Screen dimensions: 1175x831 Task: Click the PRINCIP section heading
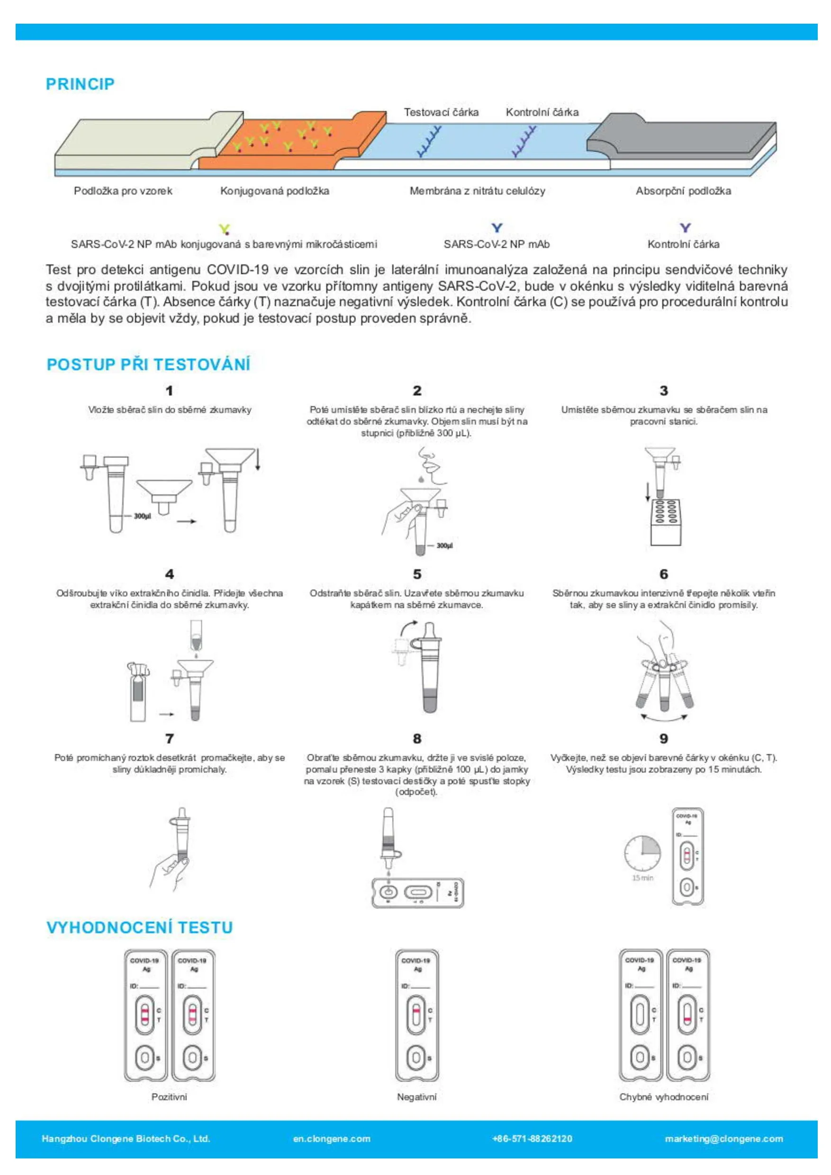pos(80,84)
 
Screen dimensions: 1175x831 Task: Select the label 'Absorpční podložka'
pos(683,191)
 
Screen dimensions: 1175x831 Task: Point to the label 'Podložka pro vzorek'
pos(123,191)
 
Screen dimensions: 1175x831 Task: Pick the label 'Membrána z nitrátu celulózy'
pos(477,191)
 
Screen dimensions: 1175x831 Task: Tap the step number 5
pos(417,574)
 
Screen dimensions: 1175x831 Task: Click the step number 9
pos(664,738)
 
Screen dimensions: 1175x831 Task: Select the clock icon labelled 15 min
pos(642,853)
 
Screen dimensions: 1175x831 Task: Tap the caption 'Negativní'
pos(417,1097)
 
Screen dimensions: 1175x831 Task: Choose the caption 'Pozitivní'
pos(170,1097)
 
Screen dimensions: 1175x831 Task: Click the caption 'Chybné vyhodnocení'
pos(664,1097)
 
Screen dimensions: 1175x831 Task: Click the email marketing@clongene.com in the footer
pos(723,1139)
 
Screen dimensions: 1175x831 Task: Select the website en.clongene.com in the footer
pos(332,1139)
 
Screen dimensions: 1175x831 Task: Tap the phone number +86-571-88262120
pos(532,1139)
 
